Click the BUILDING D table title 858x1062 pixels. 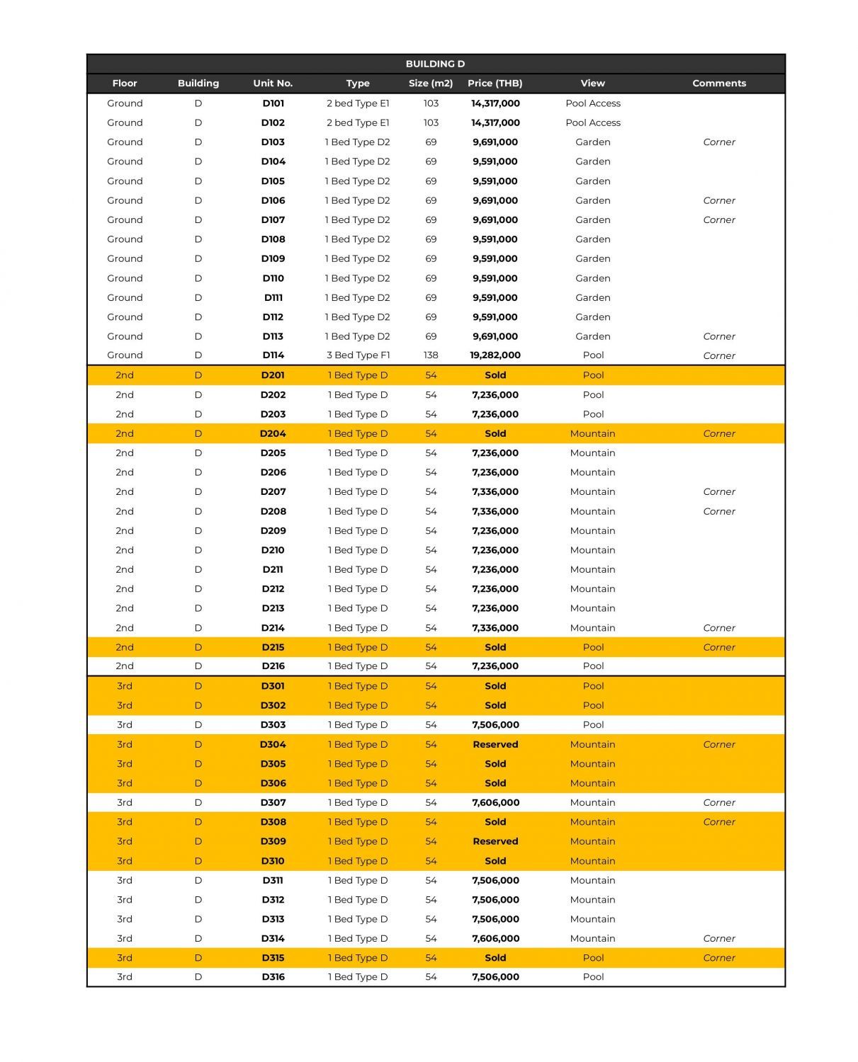435,64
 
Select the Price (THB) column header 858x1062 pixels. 495,83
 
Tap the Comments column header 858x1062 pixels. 718,83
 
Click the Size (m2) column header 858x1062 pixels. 431,83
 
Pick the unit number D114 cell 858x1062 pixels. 273,355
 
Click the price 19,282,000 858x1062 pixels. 495,355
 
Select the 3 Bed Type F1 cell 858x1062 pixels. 358,355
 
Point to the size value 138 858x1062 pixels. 431,355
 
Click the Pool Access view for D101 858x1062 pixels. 592,103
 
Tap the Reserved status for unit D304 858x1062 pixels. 495,744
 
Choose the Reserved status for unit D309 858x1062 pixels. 495,841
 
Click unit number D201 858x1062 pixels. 273,375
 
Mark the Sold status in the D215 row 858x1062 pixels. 495,647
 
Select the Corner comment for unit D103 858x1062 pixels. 719,142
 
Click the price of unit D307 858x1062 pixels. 495,802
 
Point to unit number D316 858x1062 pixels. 273,977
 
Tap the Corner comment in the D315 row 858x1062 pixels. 719,958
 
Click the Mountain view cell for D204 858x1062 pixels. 592,433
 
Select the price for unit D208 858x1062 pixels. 495,511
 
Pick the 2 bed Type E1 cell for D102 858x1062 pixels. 358,122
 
